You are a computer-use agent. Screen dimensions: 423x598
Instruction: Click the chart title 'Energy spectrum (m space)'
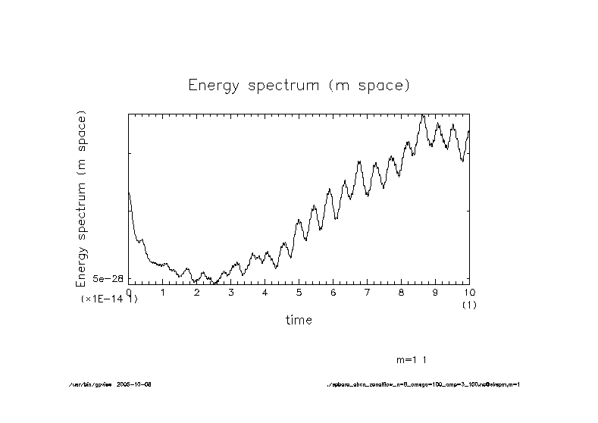tap(299, 85)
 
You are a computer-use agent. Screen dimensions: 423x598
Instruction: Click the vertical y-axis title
tap(82, 199)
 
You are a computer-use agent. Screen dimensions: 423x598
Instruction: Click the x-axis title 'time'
tap(299, 320)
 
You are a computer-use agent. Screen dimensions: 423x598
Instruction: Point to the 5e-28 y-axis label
tap(108, 279)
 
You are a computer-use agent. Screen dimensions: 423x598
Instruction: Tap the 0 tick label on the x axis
tap(129, 293)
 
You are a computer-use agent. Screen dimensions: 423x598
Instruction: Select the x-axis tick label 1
tap(163, 293)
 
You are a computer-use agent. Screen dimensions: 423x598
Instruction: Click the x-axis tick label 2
tap(197, 293)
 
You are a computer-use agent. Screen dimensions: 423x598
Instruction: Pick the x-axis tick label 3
tap(231, 293)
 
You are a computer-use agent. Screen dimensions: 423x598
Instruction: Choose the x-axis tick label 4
tap(265, 293)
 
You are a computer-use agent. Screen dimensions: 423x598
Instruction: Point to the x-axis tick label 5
tap(299, 293)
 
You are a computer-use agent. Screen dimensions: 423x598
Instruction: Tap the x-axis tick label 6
tap(333, 293)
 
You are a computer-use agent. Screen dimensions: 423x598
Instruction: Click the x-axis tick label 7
tap(368, 293)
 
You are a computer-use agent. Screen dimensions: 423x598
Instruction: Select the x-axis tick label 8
tap(402, 293)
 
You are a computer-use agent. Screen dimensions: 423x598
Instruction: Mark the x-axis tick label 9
tap(436, 293)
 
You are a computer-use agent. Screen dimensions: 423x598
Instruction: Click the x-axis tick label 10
tap(469, 293)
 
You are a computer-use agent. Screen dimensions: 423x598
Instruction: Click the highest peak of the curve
tap(424, 115)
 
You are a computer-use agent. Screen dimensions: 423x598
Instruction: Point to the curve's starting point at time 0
tap(129, 193)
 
